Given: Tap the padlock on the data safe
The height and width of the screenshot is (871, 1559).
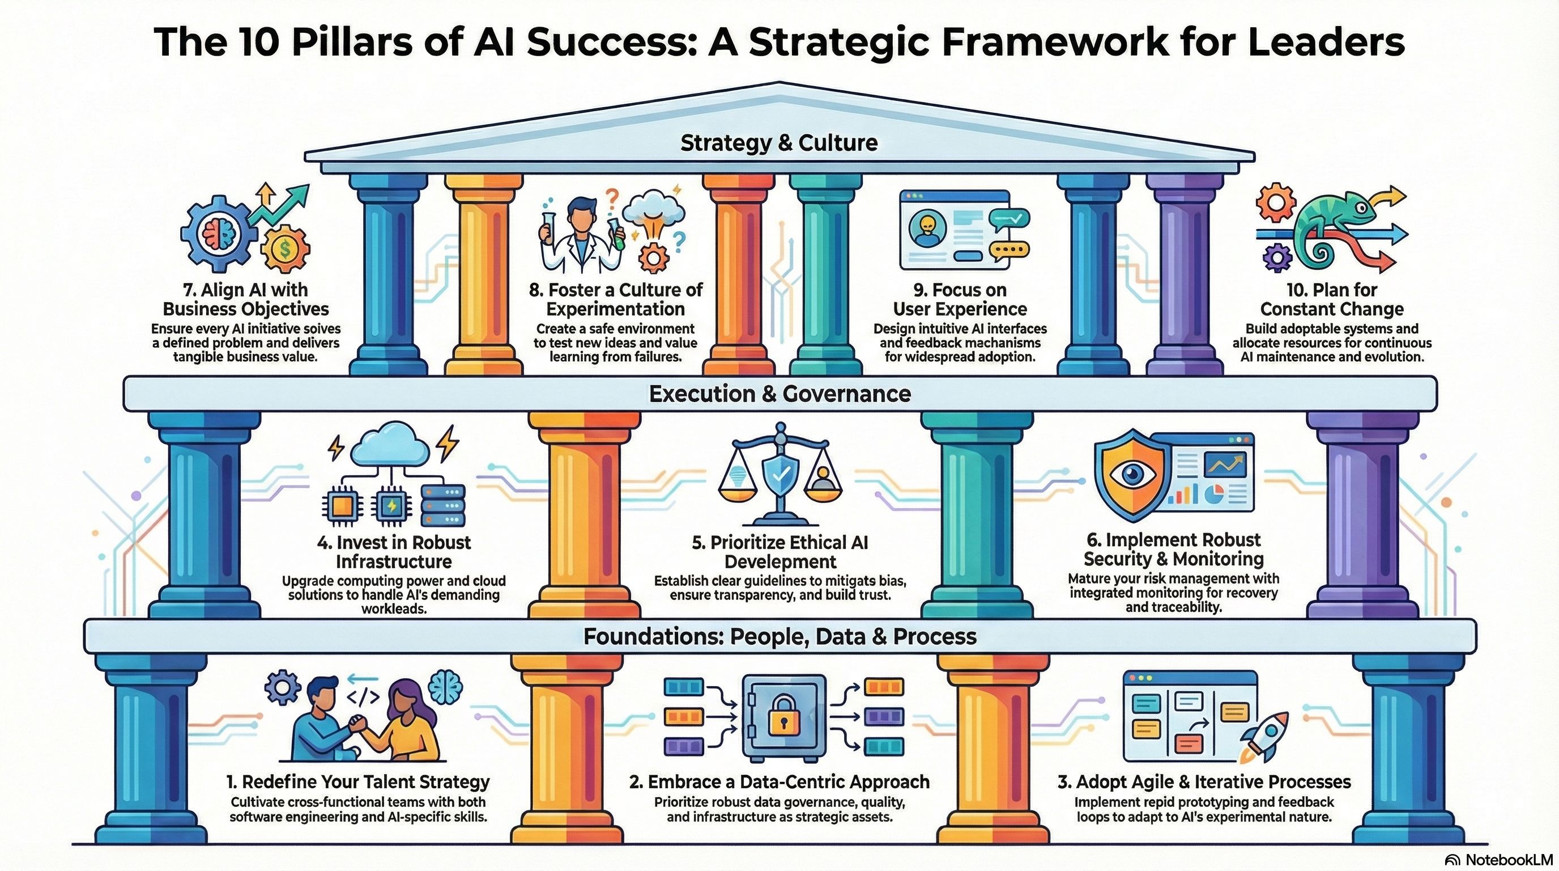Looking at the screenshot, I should point(783,717).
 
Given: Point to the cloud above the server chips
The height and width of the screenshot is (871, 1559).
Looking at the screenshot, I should point(390,445).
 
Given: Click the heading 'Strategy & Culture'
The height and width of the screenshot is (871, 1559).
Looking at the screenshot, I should point(779,143).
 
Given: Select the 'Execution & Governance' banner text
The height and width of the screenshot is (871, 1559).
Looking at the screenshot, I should point(779,394).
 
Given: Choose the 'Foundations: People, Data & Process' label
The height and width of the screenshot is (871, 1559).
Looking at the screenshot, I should point(779,637).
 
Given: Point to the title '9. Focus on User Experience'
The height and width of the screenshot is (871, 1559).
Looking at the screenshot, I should point(960,299).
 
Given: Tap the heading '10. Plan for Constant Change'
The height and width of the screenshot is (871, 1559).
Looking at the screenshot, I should point(1331,299).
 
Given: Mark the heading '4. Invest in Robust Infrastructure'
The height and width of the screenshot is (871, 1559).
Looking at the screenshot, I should point(393,551).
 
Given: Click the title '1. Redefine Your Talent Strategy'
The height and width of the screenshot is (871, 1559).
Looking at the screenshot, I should point(358,782).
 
